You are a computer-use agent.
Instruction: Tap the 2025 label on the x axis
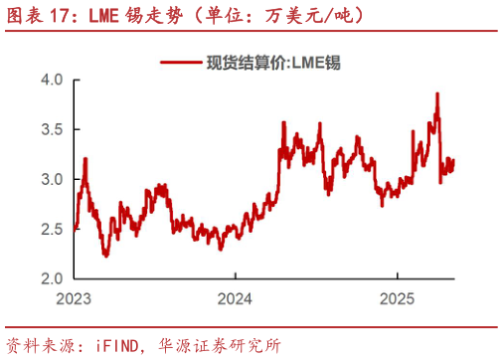point(397,297)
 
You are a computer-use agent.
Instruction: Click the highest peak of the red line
point(437,93)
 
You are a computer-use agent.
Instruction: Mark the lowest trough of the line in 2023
point(105,256)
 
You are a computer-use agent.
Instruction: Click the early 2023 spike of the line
point(85,158)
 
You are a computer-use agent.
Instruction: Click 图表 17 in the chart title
point(38,15)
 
